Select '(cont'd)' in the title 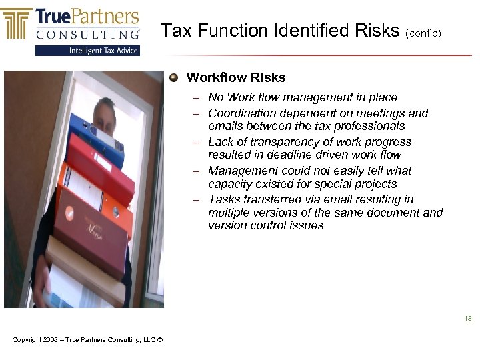pyautogui.click(x=423, y=32)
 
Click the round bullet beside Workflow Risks pyautogui.click(x=174, y=77)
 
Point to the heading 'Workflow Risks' pyautogui.click(x=236, y=77)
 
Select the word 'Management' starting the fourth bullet pyautogui.click(x=241, y=171)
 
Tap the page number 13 pyautogui.click(x=468, y=319)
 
